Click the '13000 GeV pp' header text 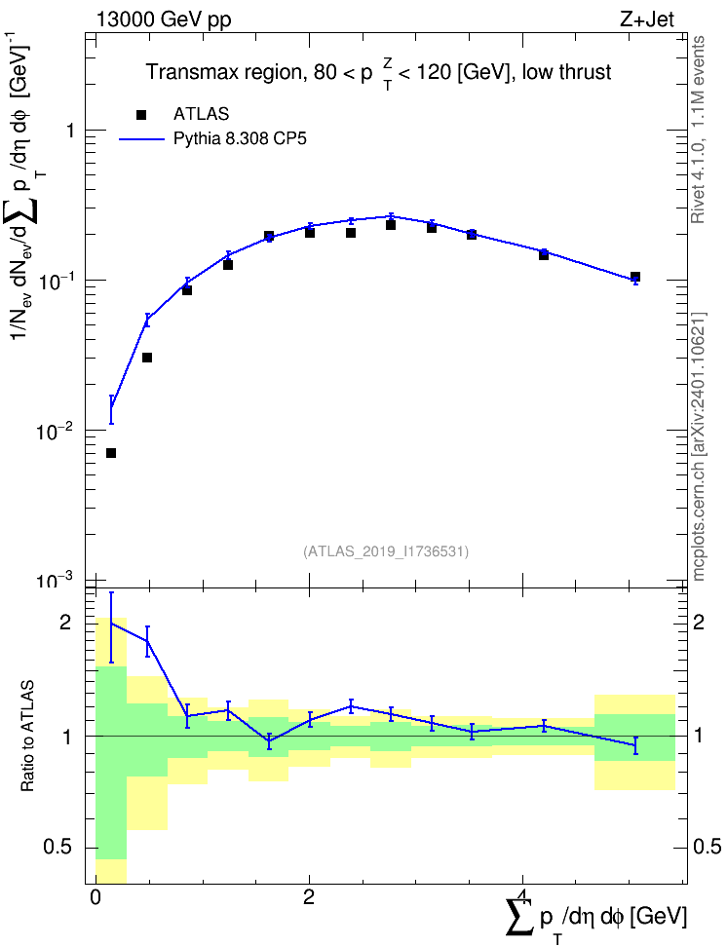pos(163,20)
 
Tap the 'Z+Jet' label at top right pos(647,19)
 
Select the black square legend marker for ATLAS pos(141,115)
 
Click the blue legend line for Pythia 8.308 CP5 pos(141,139)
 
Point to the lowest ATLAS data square pos(111,453)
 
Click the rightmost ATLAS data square pos(635,277)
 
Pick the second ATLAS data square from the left pos(147,358)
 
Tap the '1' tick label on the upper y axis pos(69,131)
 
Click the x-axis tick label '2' pos(309,897)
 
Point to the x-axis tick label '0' pos(95,897)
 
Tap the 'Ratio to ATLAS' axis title pos(27,737)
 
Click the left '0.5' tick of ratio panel pos(58,848)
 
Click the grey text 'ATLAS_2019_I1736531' pos(386,551)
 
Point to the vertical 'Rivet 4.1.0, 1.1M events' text pos(698,130)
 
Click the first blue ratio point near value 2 pos(111,623)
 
